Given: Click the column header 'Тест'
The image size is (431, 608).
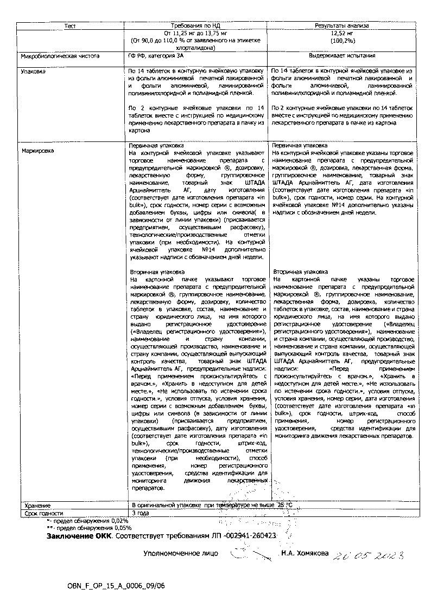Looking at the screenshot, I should [x=70, y=25].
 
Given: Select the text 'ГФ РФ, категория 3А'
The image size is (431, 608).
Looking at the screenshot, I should [x=154, y=56].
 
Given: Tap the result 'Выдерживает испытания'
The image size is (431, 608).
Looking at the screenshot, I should [x=342, y=56].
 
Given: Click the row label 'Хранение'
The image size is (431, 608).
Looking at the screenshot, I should [x=34, y=506].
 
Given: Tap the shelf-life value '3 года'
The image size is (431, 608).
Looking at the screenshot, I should [x=140, y=513].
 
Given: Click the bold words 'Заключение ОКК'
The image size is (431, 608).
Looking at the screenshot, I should [x=79, y=535].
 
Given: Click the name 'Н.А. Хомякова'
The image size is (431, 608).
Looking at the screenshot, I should [x=305, y=554].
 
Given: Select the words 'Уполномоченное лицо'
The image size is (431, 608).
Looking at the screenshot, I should [x=180, y=554].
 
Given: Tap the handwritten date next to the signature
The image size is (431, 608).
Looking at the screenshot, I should [x=369, y=555].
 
